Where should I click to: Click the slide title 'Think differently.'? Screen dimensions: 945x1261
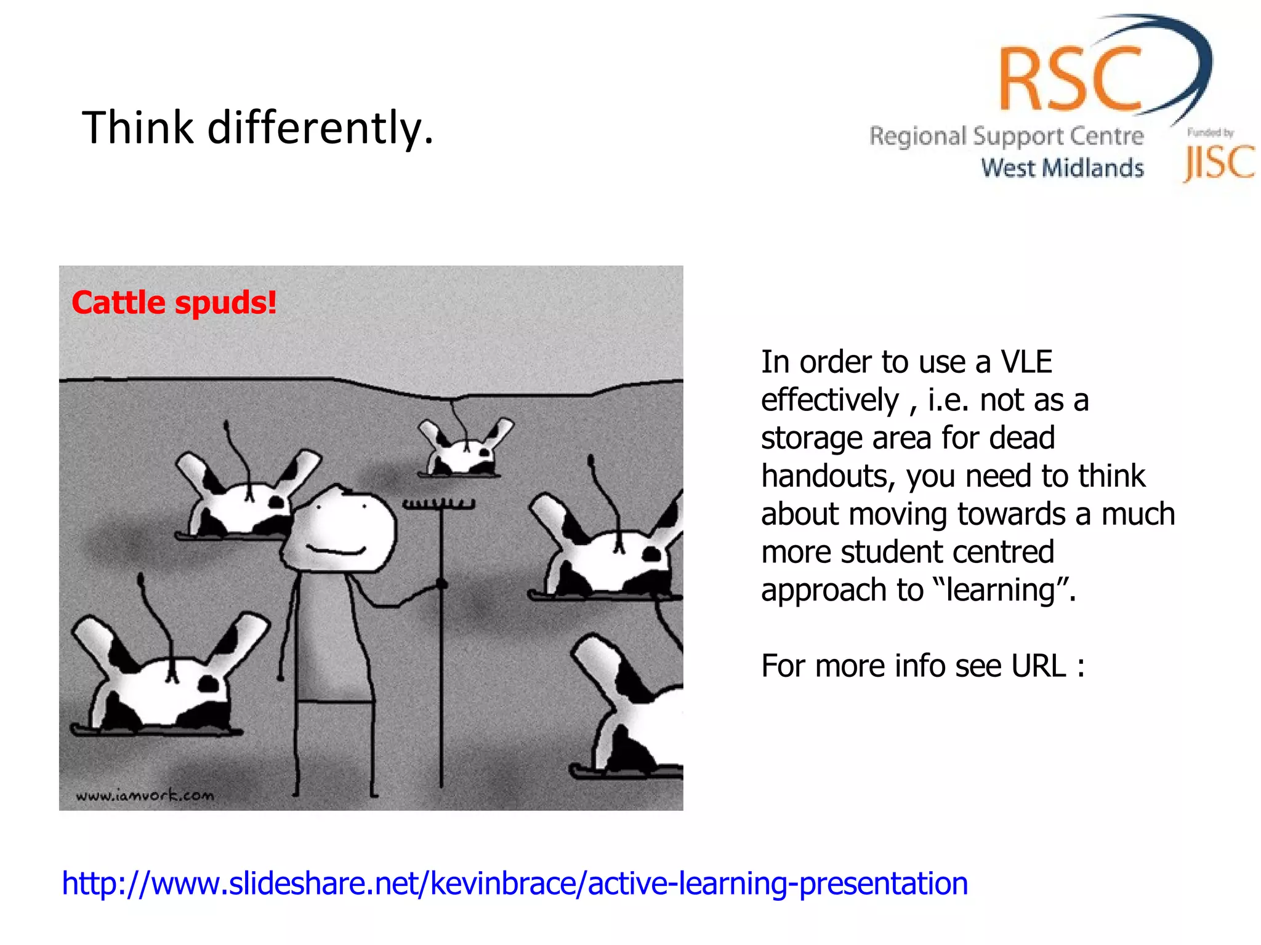pyautogui.click(x=257, y=128)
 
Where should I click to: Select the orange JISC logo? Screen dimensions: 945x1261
pyautogui.click(x=1219, y=162)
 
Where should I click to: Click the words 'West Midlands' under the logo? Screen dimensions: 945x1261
pyautogui.click(x=1062, y=168)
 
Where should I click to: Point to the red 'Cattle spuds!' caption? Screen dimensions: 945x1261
pyautogui.click(x=174, y=303)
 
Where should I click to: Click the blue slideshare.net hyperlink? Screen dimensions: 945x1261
pyautogui.click(x=515, y=883)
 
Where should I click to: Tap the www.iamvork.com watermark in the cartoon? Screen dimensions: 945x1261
pyautogui.click(x=145, y=795)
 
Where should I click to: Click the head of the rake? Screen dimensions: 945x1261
pyautogui.click(x=439, y=504)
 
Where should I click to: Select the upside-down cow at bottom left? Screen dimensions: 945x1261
pyautogui.click(x=166, y=683)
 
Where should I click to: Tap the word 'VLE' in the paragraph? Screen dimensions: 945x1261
pyautogui.click(x=1026, y=362)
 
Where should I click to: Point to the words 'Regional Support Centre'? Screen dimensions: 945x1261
pyautogui.click(x=1006, y=136)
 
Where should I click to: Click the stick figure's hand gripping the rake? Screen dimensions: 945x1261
pyautogui.click(x=441, y=584)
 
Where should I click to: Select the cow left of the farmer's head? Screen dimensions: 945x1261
pyautogui.click(x=246, y=501)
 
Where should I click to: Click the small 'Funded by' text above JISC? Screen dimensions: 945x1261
pyautogui.click(x=1210, y=132)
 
